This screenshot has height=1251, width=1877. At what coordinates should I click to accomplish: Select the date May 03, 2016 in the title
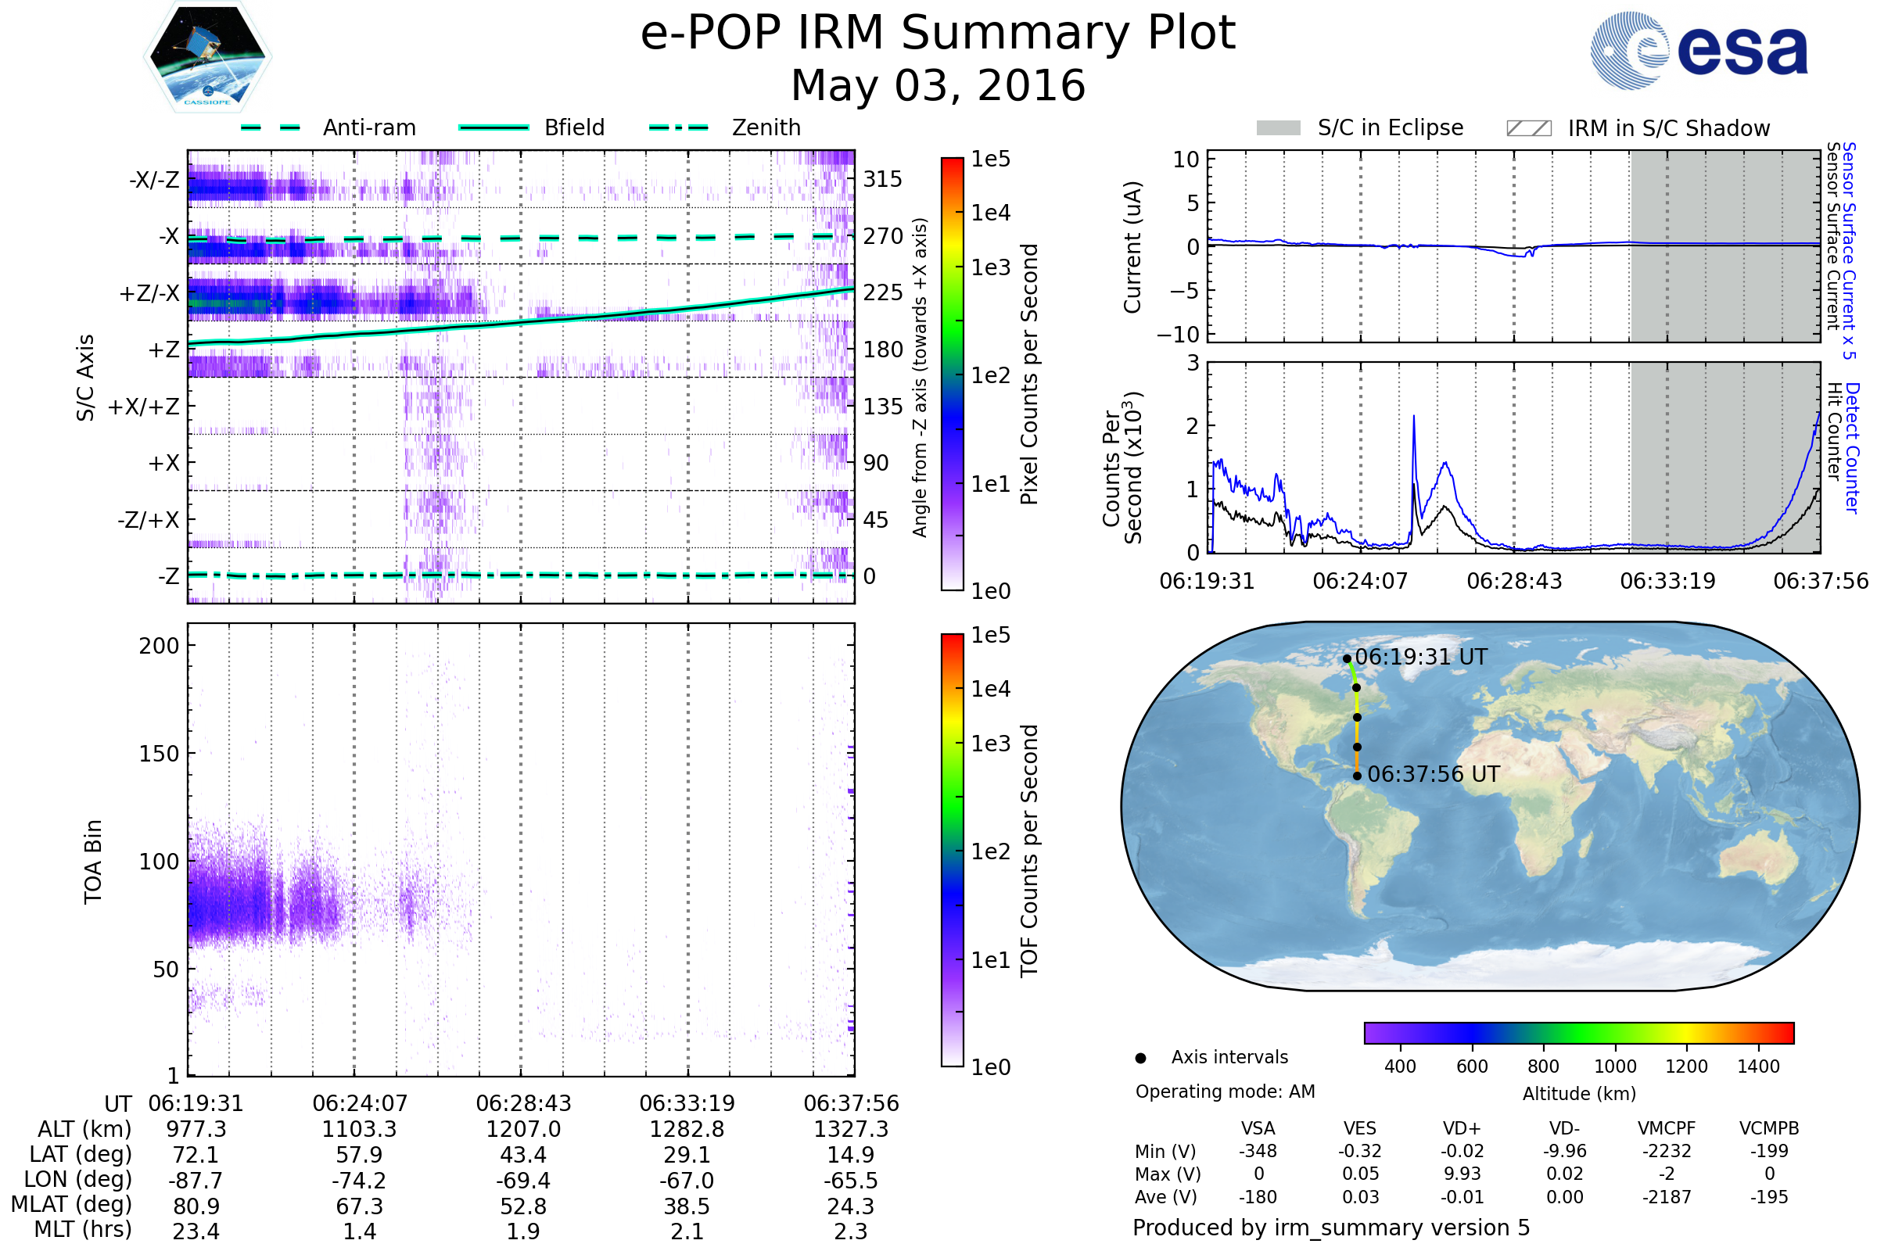coord(938,86)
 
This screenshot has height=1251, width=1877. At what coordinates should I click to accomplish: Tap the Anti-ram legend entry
coord(368,127)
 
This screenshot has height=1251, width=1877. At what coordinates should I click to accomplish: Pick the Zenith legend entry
coord(766,127)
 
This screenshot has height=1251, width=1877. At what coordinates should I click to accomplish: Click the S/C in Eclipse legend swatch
coord(1278,128)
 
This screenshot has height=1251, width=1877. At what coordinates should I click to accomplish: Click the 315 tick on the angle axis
coord(882,180)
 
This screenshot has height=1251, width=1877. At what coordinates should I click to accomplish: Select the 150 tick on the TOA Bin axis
coord(159,754)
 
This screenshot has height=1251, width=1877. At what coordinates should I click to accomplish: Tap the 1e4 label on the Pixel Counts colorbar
coord(990,213)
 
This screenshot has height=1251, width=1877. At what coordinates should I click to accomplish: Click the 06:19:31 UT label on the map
coord(1420,658)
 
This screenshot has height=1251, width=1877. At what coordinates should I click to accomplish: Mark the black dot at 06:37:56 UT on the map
coord(1357,776)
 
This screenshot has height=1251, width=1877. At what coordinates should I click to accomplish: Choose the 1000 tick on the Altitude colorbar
coord(1614,1066)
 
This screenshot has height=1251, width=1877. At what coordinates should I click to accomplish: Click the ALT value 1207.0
coord(522,1130)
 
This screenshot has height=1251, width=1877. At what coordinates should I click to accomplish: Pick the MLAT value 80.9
coord(196,1206)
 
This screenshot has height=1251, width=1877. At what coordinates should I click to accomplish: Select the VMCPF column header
coord(1667,1129)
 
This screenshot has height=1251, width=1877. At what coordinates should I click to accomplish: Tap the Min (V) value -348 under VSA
coord(1258,1151)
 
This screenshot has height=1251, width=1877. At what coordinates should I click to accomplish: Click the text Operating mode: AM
coord(1225,1091)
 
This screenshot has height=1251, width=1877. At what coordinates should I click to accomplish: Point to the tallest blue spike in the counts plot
coord(1413,418)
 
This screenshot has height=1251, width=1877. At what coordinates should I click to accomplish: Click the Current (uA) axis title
coord(1132,247)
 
